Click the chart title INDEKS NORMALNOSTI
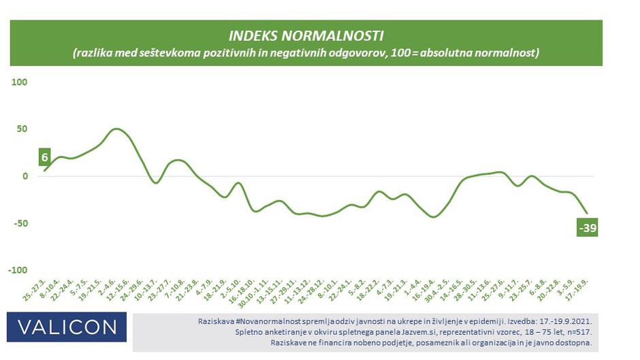[x=306, y=35]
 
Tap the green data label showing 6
[x=44, y=157]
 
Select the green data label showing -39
[x=588, y=229]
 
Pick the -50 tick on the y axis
[x=18, y=223]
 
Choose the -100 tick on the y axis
[x=16, y=270]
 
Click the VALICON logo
[x=67, y=327]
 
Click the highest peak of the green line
[x=116, y=129]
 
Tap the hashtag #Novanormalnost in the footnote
[x=268, y=320]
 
